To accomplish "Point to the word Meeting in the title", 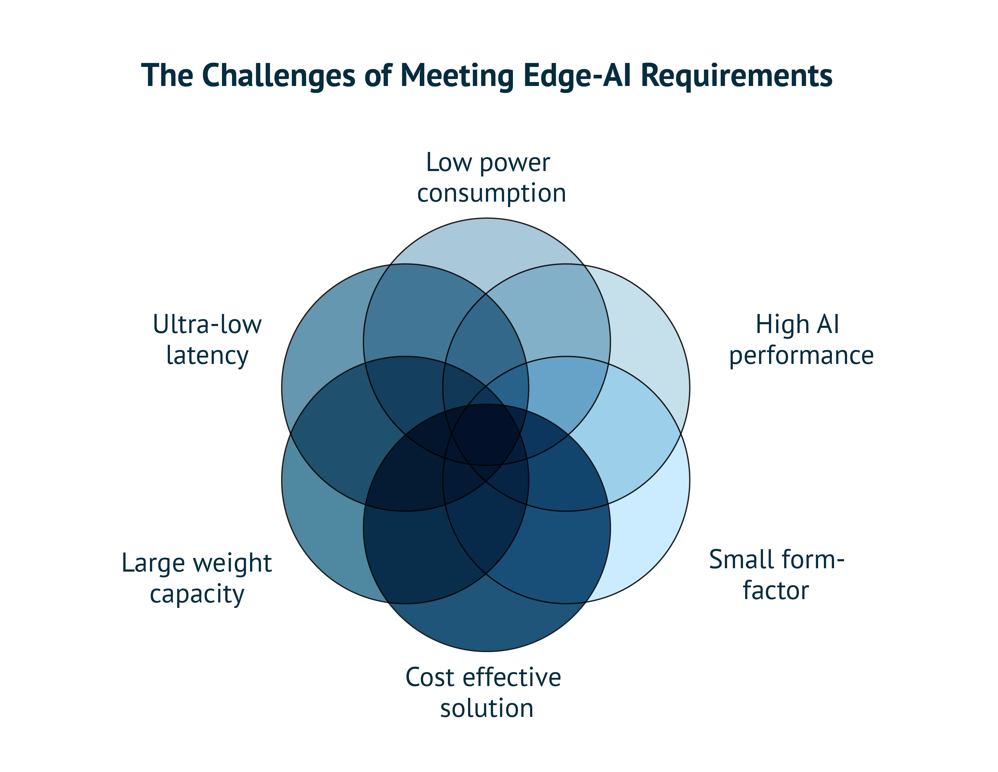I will (457, 75).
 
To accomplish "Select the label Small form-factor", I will (776, 575).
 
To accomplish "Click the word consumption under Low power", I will (491, 193).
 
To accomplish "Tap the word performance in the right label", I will (801, 356).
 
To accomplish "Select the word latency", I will (207, 356).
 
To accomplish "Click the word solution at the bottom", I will (487, 708).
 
